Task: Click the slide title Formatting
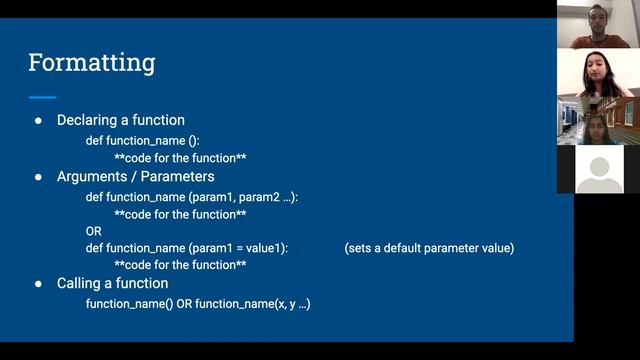92,63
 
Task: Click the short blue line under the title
42,97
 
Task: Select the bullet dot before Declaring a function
38,120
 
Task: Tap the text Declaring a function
120,120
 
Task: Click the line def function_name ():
142,141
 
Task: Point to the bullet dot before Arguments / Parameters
38,177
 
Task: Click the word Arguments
92,177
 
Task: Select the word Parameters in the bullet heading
176,177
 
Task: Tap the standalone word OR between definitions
94,230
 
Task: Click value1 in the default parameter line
264,248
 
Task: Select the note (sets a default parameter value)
429,248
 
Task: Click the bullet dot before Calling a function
38,284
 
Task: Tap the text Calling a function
112,284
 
